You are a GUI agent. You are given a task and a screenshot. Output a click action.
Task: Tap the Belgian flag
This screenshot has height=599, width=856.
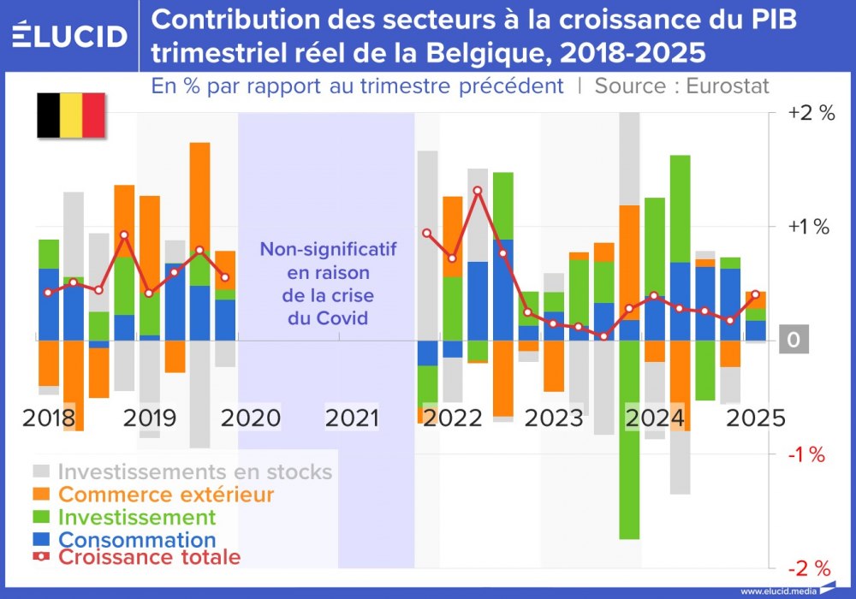(x=70, y=116)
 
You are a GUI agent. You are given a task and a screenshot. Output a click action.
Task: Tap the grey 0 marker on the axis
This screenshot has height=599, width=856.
(x=793, y=341)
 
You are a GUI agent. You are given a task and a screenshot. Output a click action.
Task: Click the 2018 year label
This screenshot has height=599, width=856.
(x=49, y=418)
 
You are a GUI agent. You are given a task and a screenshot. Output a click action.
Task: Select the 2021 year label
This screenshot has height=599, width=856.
(x=353, y=418)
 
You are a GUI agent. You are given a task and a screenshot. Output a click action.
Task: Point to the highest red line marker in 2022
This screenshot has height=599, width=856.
(x=478, y=191)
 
